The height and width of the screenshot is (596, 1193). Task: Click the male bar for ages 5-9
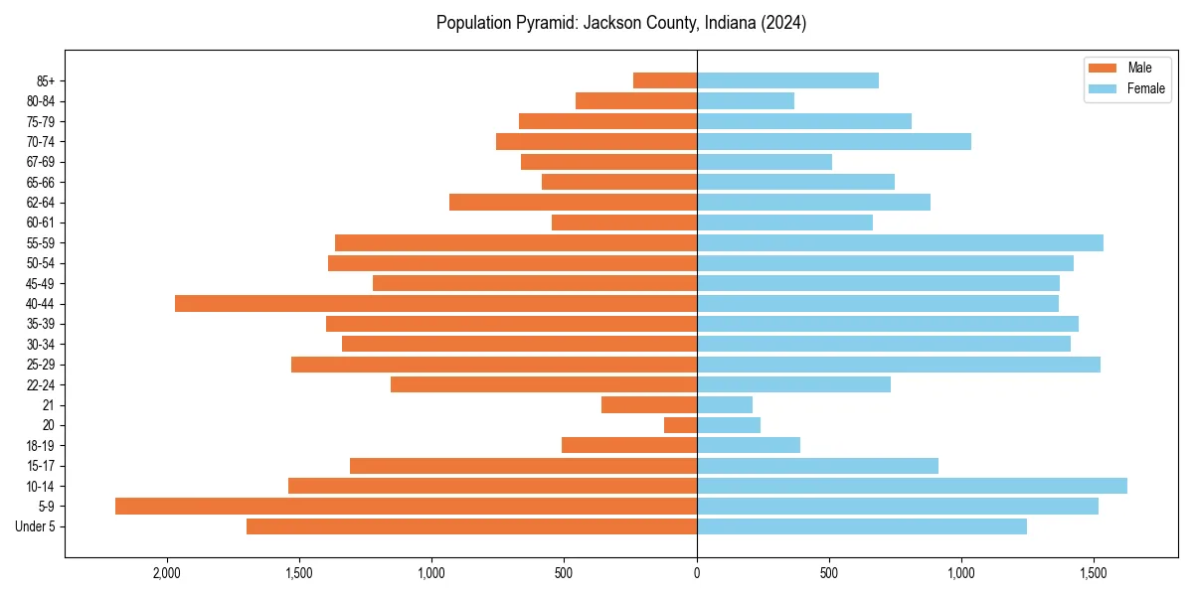406,506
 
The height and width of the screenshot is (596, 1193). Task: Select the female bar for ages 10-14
912,486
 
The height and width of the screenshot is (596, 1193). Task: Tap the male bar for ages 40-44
435,303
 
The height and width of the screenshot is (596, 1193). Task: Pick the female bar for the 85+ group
787,80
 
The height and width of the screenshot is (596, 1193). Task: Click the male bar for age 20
680,425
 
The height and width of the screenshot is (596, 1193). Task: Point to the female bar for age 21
725,404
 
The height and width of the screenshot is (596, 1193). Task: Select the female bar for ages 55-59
900,242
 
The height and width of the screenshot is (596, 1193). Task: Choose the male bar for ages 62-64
573,202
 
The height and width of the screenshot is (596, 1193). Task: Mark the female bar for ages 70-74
834,141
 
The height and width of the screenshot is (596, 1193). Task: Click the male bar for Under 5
471,526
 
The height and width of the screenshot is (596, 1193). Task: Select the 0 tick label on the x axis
697,574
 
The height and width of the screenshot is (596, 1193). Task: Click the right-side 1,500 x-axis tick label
1094,574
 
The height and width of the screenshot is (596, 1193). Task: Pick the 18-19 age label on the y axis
41,445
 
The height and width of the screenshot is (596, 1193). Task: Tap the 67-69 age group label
41,162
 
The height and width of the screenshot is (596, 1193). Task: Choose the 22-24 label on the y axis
41,384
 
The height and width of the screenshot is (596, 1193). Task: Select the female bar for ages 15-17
817,465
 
